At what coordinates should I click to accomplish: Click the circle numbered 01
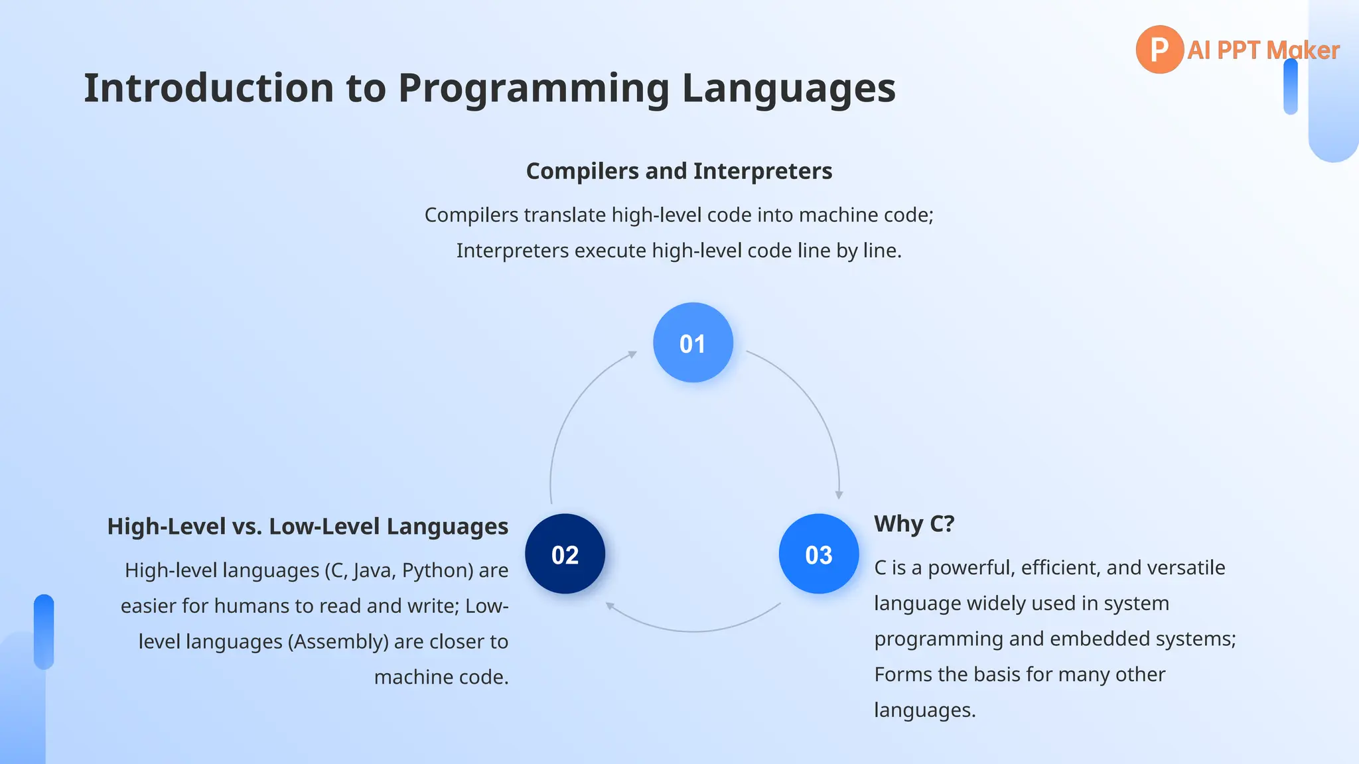click(693, 343)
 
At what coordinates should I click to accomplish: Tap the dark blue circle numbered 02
click(565, 554)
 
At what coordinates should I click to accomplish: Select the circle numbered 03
click(818, 554)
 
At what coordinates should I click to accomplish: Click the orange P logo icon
click(1159, 49)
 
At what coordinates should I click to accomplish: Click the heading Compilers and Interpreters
click(679, 171)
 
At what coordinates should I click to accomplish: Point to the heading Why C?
click(914, 524)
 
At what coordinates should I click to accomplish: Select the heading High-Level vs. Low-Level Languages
click(307, 527)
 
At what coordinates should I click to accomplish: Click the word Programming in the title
click(534, 88)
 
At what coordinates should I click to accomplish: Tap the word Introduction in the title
click(208, 88)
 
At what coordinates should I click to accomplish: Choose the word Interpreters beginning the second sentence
click(512, 251)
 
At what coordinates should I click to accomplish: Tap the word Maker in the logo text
click(1303, 50)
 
